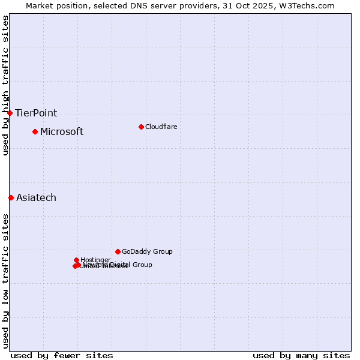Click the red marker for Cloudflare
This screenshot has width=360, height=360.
click(x=141, y=127)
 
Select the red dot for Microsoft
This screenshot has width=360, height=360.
click(x=35, y=131)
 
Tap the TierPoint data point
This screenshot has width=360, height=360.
click(x=10, y=113)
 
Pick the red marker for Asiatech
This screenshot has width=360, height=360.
click(x=11, y=197)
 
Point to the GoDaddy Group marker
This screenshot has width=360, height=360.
click(x=118, y=251)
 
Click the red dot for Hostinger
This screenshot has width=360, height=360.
click(x=76, y=260)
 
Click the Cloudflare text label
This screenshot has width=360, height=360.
click(x=161, y=127)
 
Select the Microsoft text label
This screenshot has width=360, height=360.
click(x=62, y=132)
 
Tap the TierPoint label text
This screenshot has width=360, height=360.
click(x=36, y=113)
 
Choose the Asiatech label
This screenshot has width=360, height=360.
click(x=36, y=198)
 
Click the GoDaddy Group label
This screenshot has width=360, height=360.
click(x=147, y=252)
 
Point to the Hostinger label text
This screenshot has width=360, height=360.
click(x=95, y=260)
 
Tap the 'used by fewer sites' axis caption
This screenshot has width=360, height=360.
click(x=62, y=355)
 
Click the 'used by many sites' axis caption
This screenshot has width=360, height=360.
click(x=301, y=355)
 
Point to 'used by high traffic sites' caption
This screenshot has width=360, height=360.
click(x=6, y=86)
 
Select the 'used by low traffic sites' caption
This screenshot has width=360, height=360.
click(x=6, y=280)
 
